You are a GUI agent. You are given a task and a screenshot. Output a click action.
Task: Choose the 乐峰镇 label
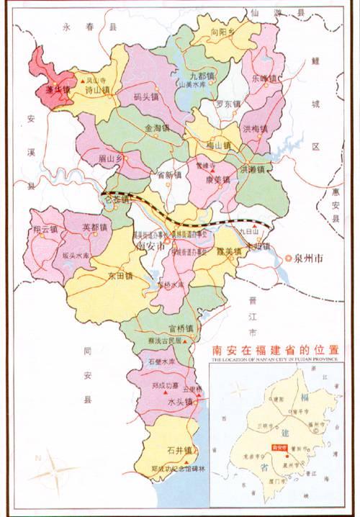click(266, 78)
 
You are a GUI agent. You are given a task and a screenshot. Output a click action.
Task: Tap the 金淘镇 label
click(157, 127)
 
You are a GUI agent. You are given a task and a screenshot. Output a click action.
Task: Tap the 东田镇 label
click(120, 276)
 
